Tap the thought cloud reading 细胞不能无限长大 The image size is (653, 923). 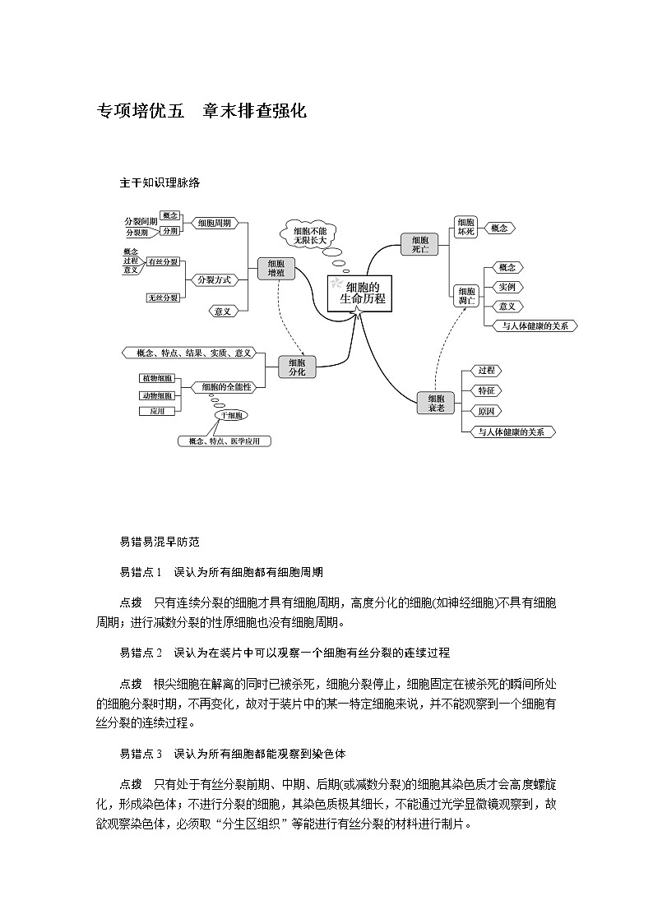pos(309,235)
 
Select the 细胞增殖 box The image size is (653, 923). pos(276,269)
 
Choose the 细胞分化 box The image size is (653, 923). pos(297,367)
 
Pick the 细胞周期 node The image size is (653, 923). pos(214,223)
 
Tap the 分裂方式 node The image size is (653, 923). pos(214,279)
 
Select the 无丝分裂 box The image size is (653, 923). pos(164,297)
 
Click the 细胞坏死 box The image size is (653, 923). pos(466,227)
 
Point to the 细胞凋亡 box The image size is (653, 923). pos(466,296)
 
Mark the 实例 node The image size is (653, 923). pos(507,287)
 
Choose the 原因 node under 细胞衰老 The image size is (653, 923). pos(486,411)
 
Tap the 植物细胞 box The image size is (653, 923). pos(156,378)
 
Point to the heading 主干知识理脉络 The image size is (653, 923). pos(160,182)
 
